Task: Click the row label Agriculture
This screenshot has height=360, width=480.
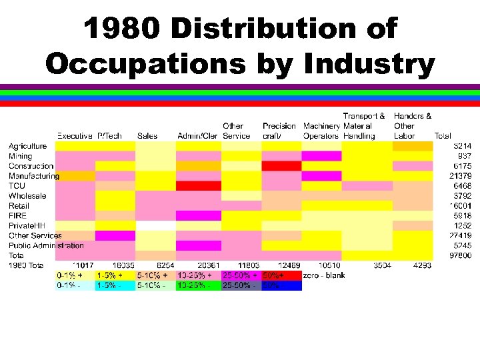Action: click(x=27, y=146)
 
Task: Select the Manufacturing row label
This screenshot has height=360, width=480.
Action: click(x=34, y=176)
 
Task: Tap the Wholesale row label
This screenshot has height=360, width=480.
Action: click(x=27, y=196)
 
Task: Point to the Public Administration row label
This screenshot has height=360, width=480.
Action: click(x=47, y=246)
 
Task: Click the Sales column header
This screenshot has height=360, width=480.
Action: click(x=147, y=136)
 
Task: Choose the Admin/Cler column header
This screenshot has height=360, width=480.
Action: click(x=197, y=136)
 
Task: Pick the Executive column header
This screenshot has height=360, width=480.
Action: click(x=75, y=136)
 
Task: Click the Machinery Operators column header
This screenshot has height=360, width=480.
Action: click(x=321, y=131)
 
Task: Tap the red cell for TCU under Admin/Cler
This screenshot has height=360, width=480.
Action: click(x=198, y=186)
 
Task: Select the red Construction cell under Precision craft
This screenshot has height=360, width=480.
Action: click(x=281, y=166)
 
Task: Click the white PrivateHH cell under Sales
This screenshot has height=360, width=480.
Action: click(x=155, y=226)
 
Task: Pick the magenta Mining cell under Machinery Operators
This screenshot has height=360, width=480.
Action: click(x=321, y=156)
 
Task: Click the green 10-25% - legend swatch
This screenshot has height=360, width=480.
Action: click(x=198, y=285)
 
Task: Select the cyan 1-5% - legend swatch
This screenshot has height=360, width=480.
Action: click(x=115, y=285)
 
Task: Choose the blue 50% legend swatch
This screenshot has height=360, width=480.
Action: click(x=281, y=285)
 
